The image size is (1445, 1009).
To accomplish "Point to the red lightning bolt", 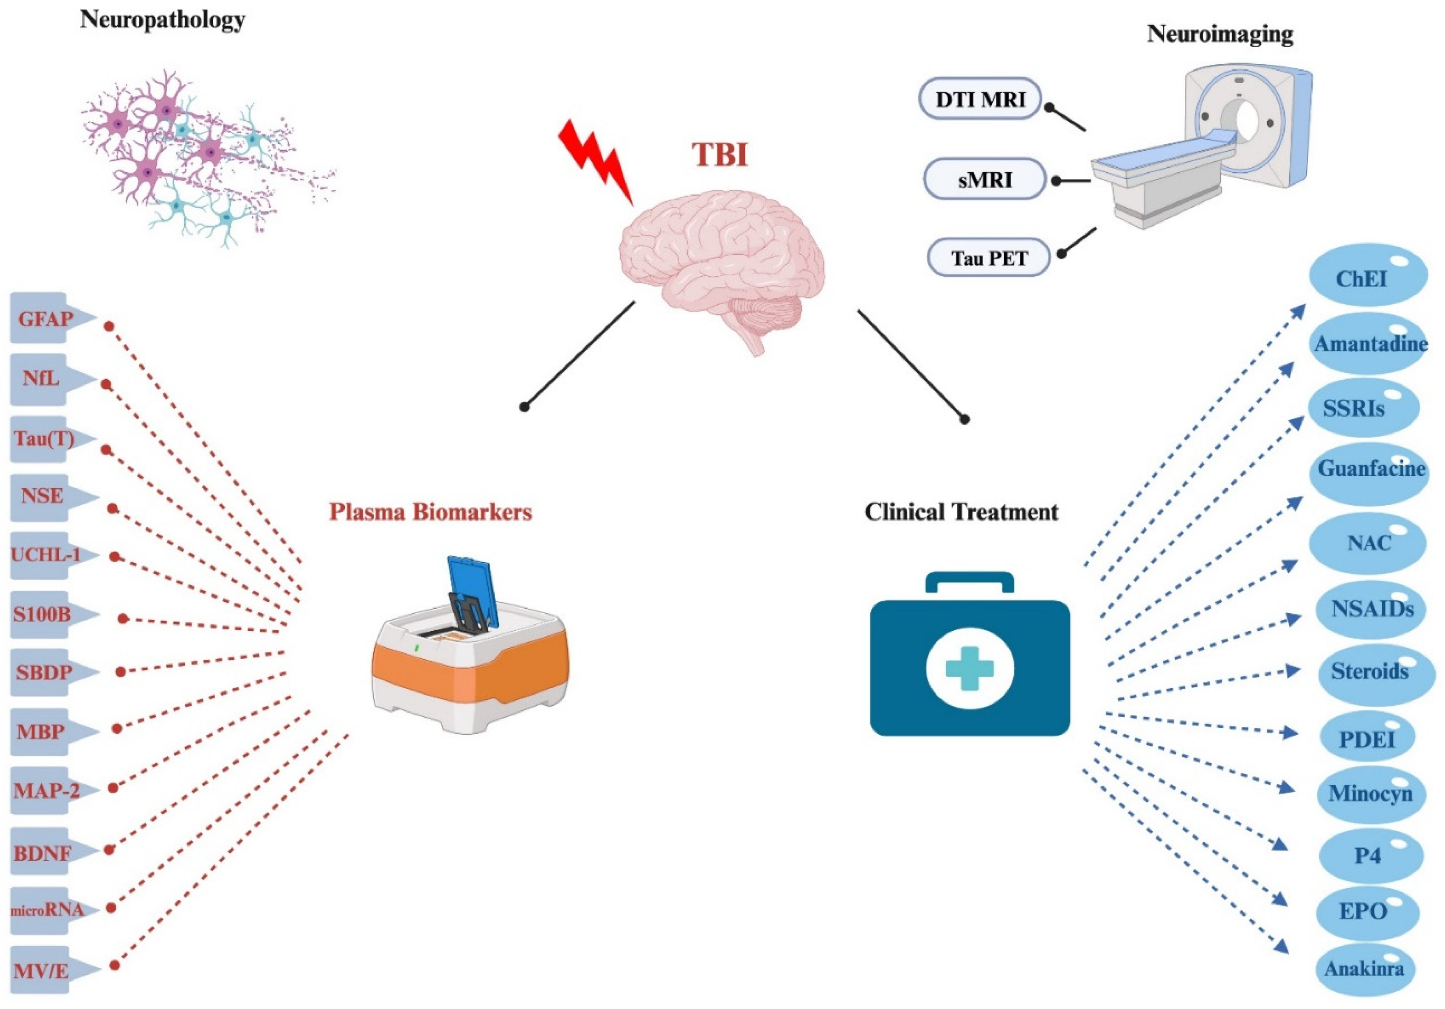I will (595, 161).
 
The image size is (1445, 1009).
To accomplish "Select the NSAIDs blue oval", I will (1372, 609).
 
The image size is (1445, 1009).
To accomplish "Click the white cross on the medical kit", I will (969, 668).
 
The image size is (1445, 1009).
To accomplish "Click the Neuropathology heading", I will (162, 20).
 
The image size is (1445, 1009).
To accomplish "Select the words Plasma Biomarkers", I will (431, 512).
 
